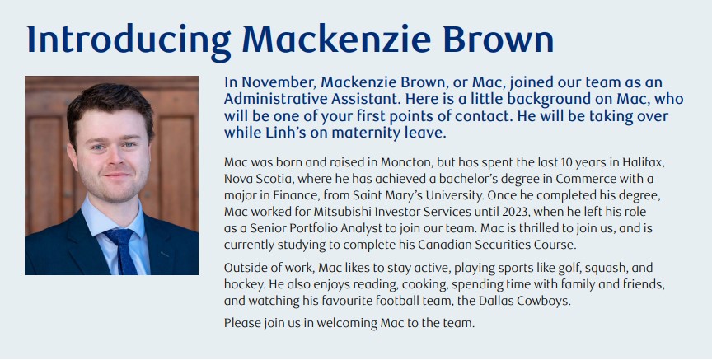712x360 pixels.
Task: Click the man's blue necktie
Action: [124, 250]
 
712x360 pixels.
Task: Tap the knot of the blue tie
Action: [119, 236]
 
